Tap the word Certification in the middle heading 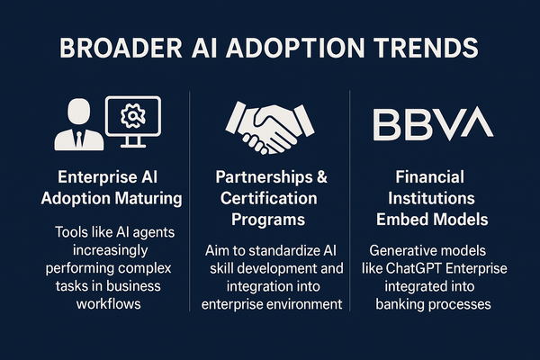[x=268, y=198]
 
